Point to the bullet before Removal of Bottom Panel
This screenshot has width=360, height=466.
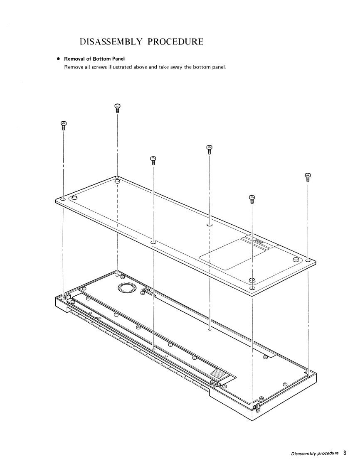59,59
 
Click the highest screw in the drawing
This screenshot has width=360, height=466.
117,108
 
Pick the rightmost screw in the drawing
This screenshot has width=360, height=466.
308,177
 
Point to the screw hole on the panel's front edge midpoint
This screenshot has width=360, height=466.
153,242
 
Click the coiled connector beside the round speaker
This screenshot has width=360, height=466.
148,293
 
